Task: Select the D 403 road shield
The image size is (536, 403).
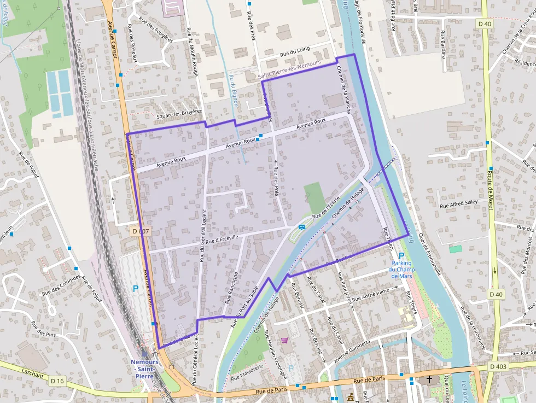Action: pos(499,366)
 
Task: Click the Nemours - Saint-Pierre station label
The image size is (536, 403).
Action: pos(144,369)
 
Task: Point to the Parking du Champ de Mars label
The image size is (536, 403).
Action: pos(401,270)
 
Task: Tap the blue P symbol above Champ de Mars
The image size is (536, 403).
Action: pos(401,256)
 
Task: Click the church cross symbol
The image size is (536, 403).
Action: pos(429,379)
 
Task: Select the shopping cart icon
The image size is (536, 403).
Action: pos(284,340)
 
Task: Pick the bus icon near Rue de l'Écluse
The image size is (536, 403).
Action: pos(301,227)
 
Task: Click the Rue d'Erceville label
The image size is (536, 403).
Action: pos(222,239)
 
